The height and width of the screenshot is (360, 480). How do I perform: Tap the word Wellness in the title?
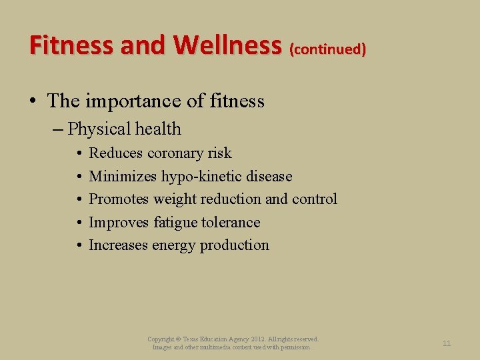(x=227, y=45)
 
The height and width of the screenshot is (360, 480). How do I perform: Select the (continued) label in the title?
(x=327, y=49)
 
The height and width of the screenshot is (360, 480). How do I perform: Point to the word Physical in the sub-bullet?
(x=99, y=129)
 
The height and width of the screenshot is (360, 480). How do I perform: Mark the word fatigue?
(x=177, y=223)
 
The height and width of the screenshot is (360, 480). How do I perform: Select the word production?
(x=233, y=245)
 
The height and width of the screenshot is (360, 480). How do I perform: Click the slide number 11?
(x=447, y=343)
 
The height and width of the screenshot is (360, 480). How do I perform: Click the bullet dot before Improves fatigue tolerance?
(x=79, y=223)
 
